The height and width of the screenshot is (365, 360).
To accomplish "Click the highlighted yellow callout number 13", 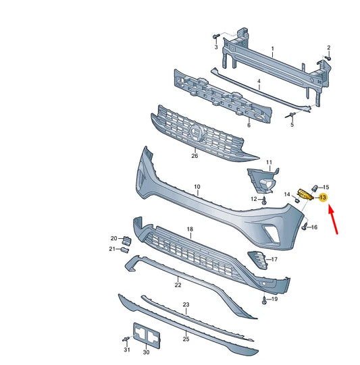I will (x=323, y=198).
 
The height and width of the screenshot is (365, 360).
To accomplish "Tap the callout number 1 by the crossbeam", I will (x=272, y=49).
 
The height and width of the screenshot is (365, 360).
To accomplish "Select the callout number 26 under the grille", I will (x=195, y=156).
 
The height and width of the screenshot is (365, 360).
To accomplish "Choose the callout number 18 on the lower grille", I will (x=190, y=229).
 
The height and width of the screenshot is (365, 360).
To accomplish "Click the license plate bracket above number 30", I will (x=146, y=334).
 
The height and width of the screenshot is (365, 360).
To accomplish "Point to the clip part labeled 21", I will (x=126, y=250).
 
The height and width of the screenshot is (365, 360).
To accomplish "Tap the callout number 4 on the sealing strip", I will (x=259, y=82).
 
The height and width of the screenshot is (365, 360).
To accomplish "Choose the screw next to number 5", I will (x=292, y=115).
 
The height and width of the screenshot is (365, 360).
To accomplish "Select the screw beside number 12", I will (x=264, y=200).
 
